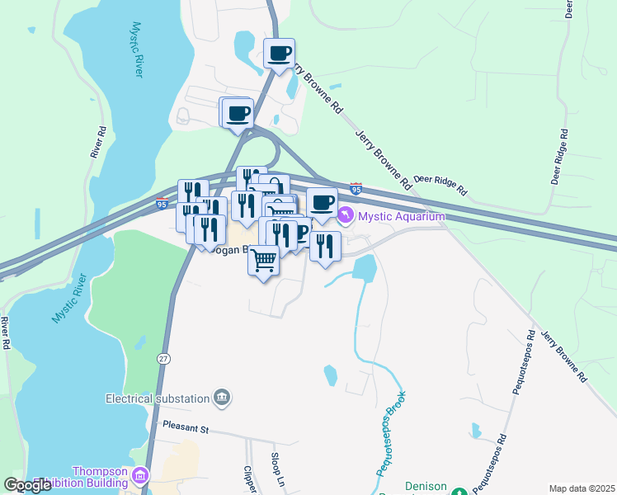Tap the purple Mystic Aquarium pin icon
click(345, 217)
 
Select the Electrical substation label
click(158, 398)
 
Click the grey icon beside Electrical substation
click(221, 398)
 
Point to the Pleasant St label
click(187, 429)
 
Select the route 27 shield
click(164, 358)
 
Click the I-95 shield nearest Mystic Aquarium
click(356, 189)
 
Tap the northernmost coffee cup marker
click(279, 54)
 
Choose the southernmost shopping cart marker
click(263, 260)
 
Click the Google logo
click(28, 485)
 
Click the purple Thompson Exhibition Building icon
click(139, 476)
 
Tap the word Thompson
click(100, 471)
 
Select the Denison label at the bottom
click(426, 487)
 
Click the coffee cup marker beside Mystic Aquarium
click(322, 202)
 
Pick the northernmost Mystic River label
click(135, 50)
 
